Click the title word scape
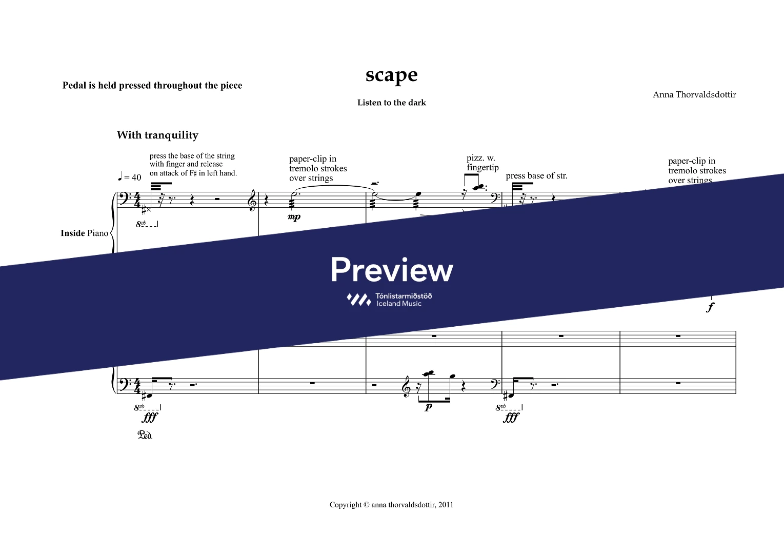(x=391, y=75)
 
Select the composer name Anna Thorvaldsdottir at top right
(x=694, y=94)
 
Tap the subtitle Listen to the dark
(x=391, y=103)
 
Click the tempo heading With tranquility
(x=157, y=135)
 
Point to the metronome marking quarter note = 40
(x=129, y=177)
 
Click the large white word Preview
(x=392, y=270)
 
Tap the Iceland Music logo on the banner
(x=389, y=300)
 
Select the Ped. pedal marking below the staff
(x=145, y=436)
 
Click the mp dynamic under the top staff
(x=294, y=217)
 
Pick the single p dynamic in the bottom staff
(x=428, y=407)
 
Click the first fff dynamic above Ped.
(x=150, y=418)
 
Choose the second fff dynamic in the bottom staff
(x=511, y=418)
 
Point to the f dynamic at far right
(x=710, y=307)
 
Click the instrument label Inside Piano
(x=85, y=233)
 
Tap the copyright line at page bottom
(x=391, y=505)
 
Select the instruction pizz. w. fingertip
(x=482, y=163)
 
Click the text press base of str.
(x=536, y=176)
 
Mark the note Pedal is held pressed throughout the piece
(x=152, y=86)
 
